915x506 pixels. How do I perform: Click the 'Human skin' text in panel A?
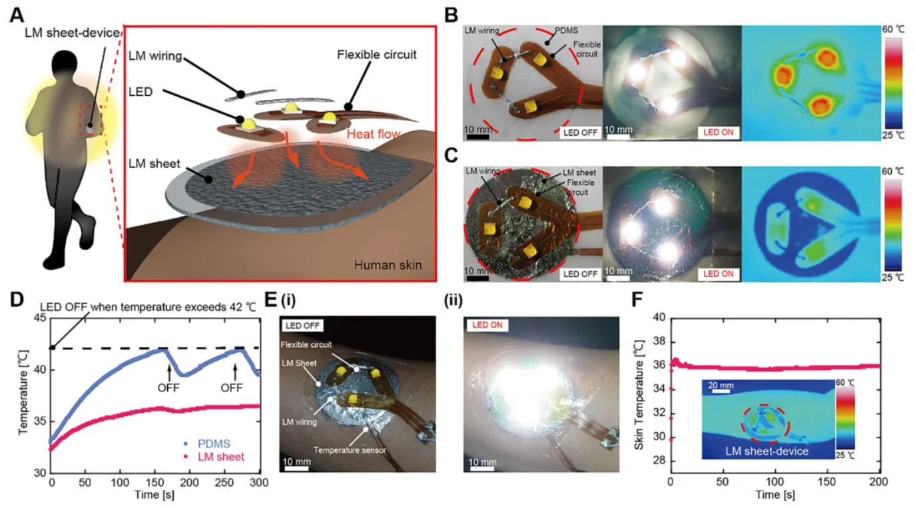388,265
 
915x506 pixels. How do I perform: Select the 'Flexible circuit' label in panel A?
377,55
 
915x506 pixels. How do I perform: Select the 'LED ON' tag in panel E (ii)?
490,326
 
